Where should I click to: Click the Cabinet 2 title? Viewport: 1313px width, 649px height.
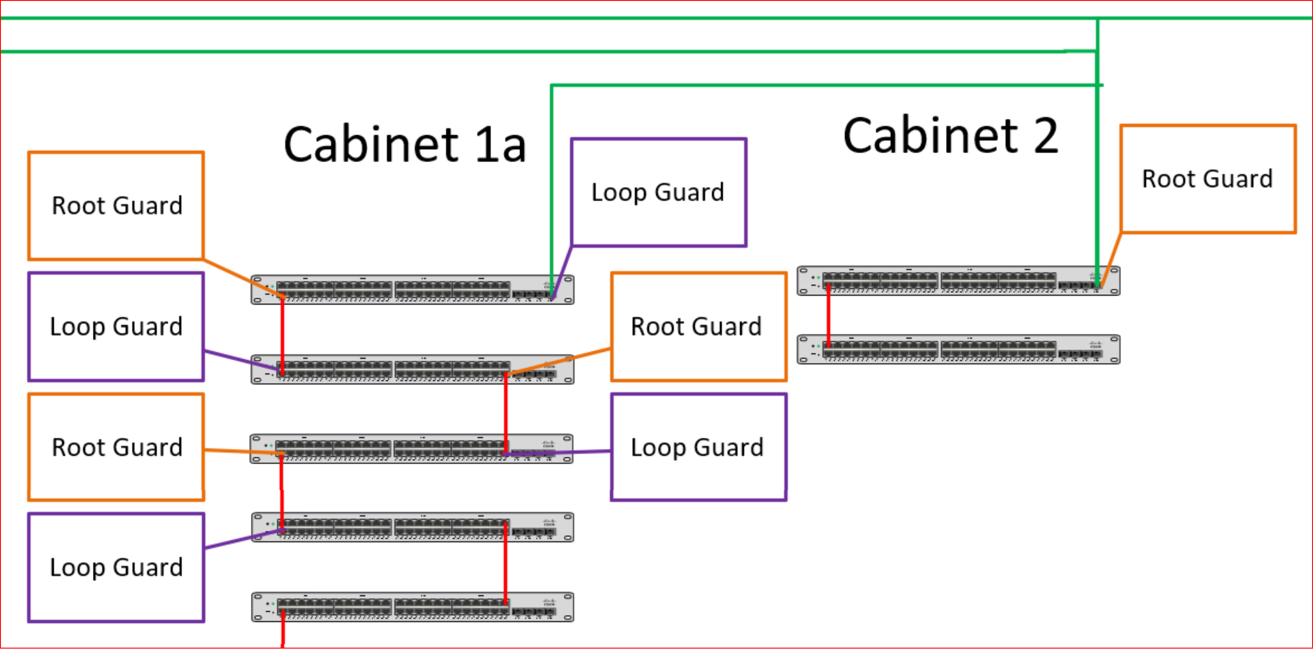coord(950,136)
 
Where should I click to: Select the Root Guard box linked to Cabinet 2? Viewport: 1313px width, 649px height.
coord(1208,179)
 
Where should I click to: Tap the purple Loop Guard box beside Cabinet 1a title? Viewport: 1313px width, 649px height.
coord(658,192)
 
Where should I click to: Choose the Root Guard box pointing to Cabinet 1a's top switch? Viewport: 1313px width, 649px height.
coord(116,206)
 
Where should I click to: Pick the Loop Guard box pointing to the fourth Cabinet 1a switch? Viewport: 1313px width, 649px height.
coord(116,567)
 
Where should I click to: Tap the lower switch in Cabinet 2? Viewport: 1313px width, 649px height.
coord(958,349)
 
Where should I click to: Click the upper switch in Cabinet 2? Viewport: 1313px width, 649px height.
coord(958,281)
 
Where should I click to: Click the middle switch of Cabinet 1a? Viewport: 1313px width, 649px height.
coord(411,449)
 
